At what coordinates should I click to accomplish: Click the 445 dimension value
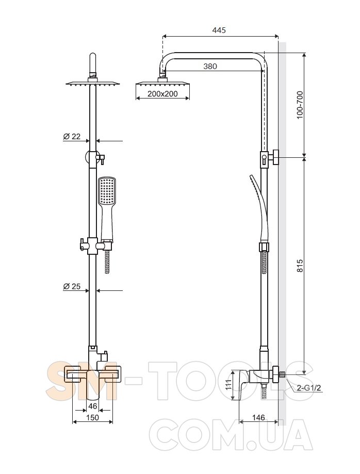pos(219,30)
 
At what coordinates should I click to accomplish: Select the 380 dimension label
pos(210,66)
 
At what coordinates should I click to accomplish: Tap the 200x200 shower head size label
pos(162,94)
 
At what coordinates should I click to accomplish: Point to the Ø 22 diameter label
pos(72,136)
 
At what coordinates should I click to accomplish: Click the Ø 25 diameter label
pos(72,286)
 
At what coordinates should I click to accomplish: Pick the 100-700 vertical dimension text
pos(300,105)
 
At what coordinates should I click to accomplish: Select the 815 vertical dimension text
pos(300,266)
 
